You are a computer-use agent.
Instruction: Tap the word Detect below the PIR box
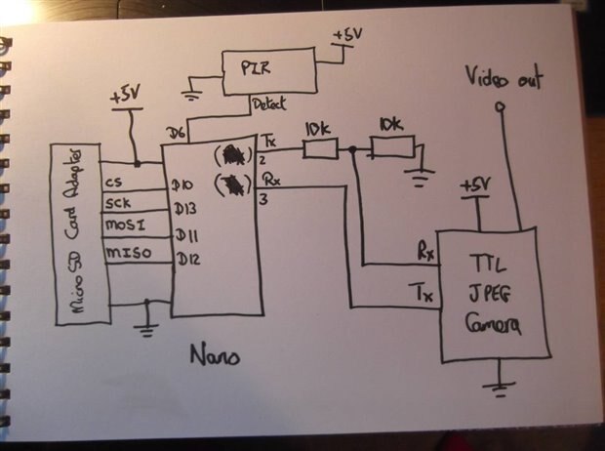pyautogui.click(x=268, y=102)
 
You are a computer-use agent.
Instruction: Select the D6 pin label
pyautogui.click(x=176, y=131)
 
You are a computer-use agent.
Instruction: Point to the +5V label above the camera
pyautogui.click(x=474, y=185)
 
